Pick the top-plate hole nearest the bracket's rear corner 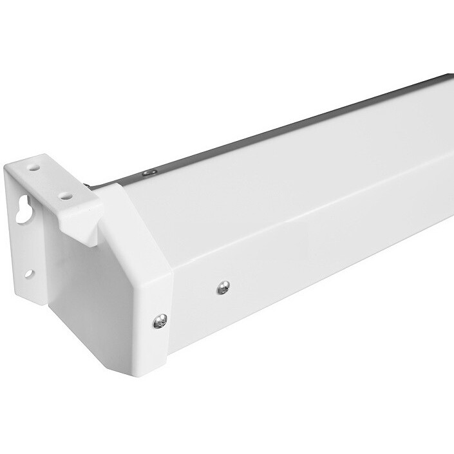(x=34, y=166)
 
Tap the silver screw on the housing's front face (x=223, y=287)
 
